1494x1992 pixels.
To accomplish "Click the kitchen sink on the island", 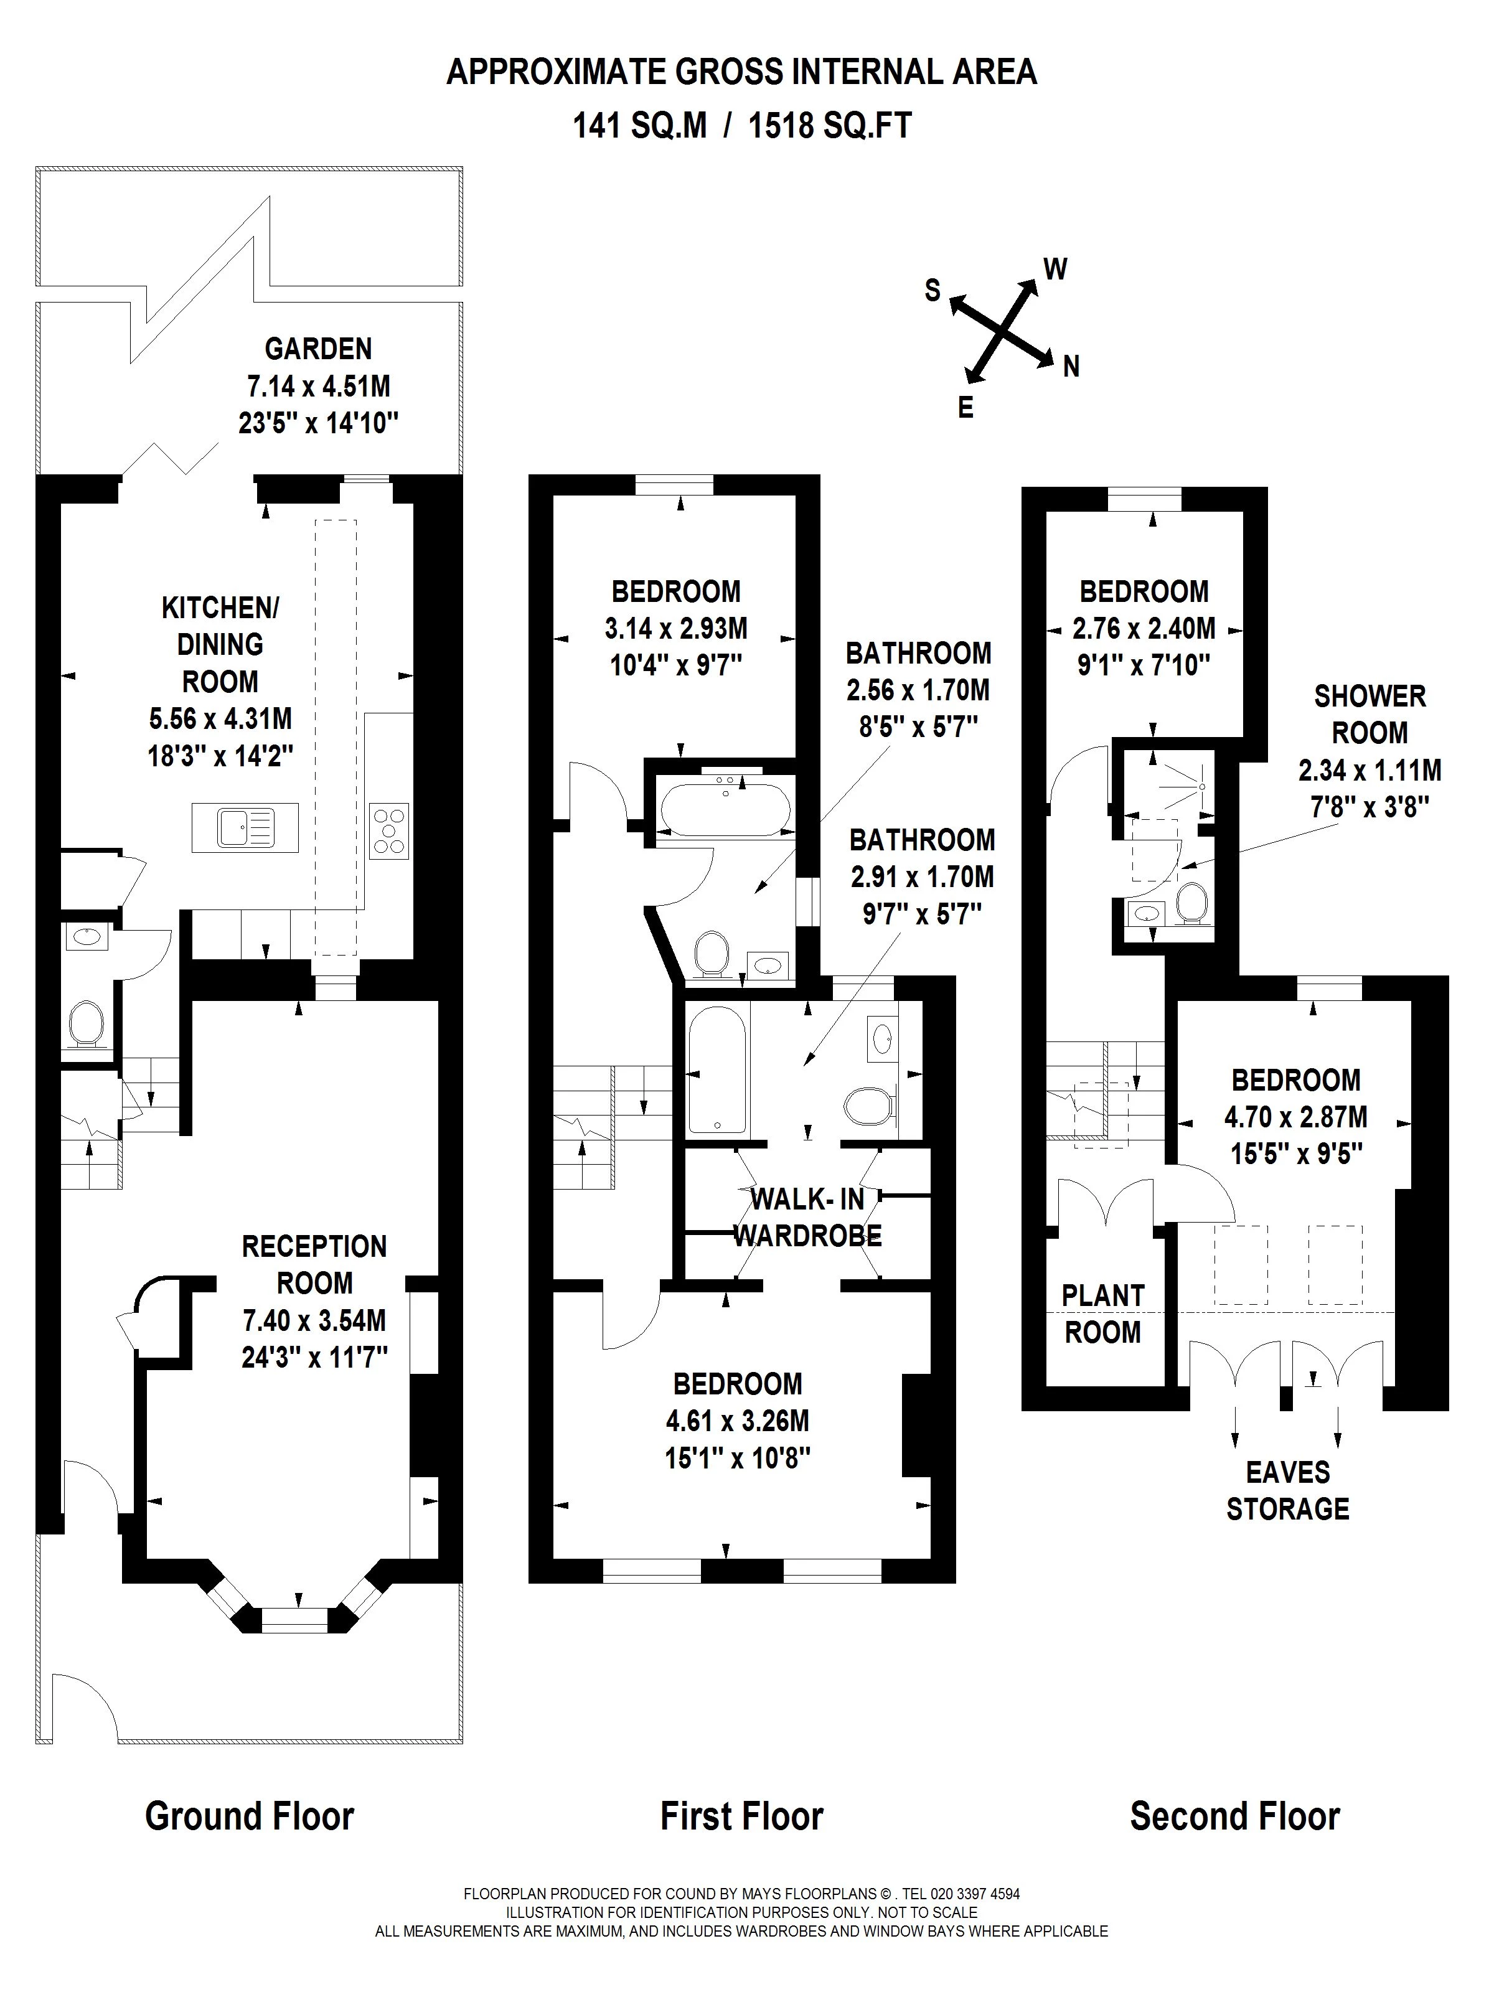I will [x=245, y=827].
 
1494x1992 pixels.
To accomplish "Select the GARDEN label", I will [x=318, y=349].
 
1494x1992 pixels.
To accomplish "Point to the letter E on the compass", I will [x=965, y=408].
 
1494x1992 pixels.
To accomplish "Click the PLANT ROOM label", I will [x=1102, y=1314].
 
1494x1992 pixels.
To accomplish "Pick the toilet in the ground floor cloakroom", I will [x=87, y=1024].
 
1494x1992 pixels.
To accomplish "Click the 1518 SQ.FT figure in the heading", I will [x=830, y=125].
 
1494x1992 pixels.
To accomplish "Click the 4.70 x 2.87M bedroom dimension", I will [x=1295, y=1117].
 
